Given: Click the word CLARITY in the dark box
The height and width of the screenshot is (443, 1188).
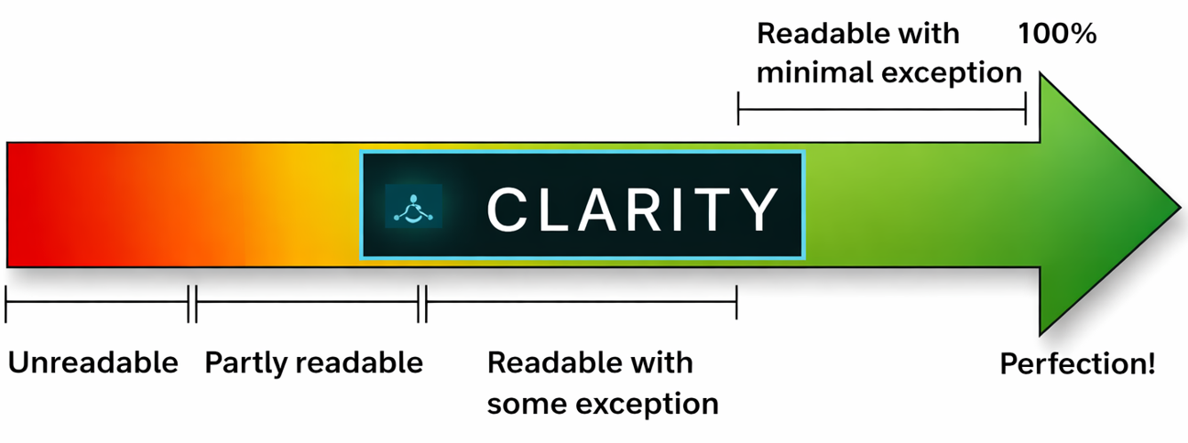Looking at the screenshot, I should point(632,209).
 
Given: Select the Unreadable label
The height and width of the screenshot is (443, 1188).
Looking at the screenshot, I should point(93,363).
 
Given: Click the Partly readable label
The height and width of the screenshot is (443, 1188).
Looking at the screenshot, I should point(313,363).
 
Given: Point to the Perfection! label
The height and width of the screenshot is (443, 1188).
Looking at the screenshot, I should point(1077,364).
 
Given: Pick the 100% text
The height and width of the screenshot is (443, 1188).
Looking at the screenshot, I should point(1057,35).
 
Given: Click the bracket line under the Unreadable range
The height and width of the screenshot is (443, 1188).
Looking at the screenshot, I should point(96,304).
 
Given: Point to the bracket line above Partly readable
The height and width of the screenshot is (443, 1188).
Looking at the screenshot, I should point(307,304).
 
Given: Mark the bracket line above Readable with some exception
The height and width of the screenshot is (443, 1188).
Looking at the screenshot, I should point(582,304).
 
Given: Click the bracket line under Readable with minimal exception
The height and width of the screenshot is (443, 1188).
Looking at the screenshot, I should point(881,109).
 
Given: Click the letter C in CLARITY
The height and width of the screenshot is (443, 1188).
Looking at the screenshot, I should point(505,209).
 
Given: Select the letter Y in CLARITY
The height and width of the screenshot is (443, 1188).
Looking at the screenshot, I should point(757,209).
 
